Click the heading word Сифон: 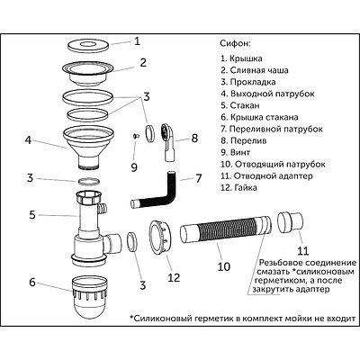click(x=237, y=42)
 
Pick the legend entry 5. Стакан click(x=245, y=106)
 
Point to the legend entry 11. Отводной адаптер click(x=269, y=175)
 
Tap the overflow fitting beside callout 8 click(x=167, y=137)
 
